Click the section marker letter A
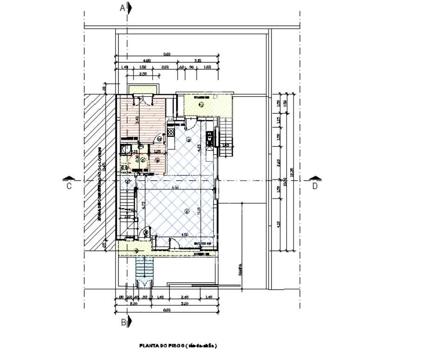click(123, 8)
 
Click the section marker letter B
click(124, 322)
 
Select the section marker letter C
click(69, 186)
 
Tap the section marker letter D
click(315, 186)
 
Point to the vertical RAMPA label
click(241, 270)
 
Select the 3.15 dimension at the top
click(198, 61)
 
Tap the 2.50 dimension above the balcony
click(143, 74)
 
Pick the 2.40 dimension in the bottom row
click(185, 296)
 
